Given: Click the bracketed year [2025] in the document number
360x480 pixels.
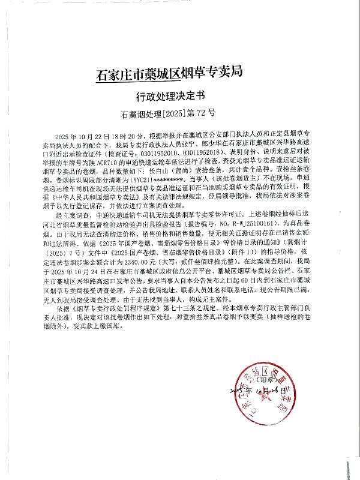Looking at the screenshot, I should (170, 112).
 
